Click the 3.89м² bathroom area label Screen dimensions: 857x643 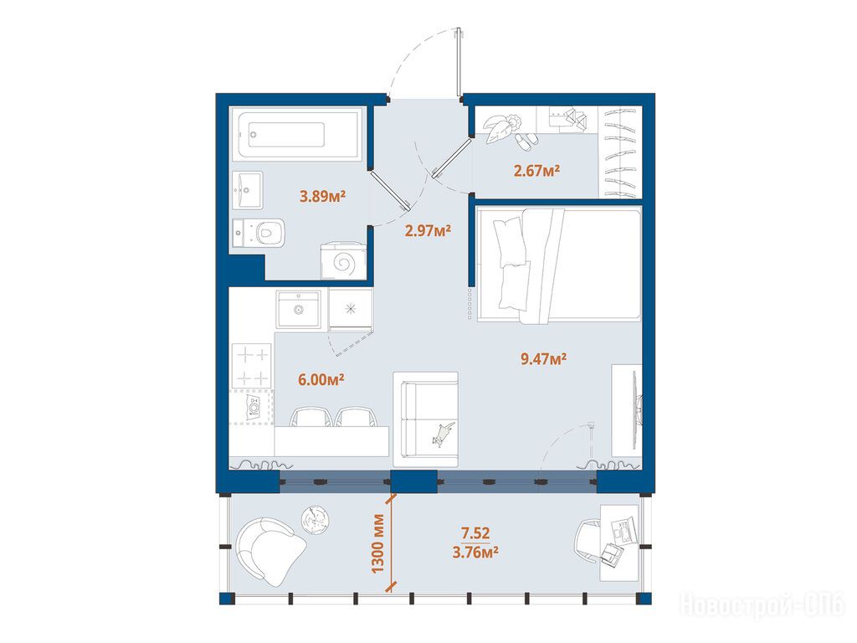(x=322, y=196)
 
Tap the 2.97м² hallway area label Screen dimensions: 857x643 (x=428, y=230)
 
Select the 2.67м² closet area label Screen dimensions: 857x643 (x=536, y=171)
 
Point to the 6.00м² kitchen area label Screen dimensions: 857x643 (x=321, y=379)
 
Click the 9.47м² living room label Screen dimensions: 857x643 (x=543, y=358)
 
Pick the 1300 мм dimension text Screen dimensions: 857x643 (x=377, y=543)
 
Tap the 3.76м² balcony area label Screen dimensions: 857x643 (x=475, y=553)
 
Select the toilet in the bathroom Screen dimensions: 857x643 (x=259, y=234)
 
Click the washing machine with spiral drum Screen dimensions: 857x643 (x=343, y=262)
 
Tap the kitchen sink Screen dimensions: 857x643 (x=298, y=310)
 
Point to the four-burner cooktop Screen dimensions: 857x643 (x=251, y=366)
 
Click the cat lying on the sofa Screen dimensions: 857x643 (x=443, y=434)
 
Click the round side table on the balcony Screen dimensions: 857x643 (x=315, y=519)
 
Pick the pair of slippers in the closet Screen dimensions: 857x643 (x=526, y=141)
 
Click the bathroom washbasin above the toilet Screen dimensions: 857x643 (x=247, y=190)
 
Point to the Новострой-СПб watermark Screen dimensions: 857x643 (x=762, y=605)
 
